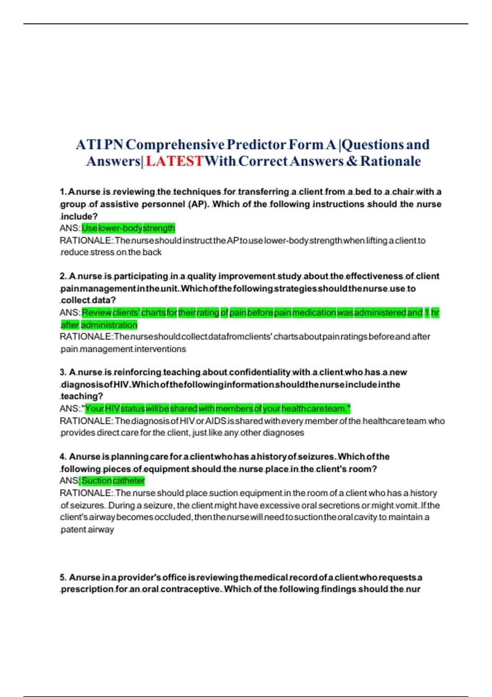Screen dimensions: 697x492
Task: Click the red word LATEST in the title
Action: (x=174, y=161)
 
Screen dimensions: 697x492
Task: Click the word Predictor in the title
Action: (x=256, y=145)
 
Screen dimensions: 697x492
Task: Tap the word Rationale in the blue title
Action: (x=390, y=161)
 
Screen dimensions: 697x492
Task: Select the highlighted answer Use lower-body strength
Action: (x=128, y=228)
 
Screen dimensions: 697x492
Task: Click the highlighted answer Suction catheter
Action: (x=113, y=481)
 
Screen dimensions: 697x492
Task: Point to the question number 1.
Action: (x=63, y=192)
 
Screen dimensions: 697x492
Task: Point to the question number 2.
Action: (x=63, y=276)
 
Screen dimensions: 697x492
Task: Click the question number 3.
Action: (x=63, y=372)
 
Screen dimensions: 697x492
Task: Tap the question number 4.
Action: (x=63, y=457)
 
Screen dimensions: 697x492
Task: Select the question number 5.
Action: (x=63, y=578)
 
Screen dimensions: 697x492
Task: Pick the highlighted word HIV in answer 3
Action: (x=112, y=409)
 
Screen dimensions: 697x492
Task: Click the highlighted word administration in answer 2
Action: (x=109, y=325)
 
